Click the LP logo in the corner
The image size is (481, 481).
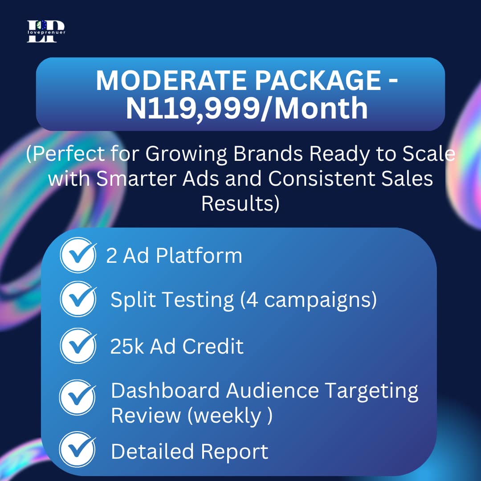pos(45,32)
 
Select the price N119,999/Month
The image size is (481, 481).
pos(247,108)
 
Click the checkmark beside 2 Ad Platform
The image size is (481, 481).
pos(78,255)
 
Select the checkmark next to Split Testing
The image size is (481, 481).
pos(78,299)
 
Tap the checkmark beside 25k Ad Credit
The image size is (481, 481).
pos(78,346)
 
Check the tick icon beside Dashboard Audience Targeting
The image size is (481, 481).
pos(78,396)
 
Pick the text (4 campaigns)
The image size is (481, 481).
pos(308,300)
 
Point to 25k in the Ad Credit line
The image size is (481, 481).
pos(127,346)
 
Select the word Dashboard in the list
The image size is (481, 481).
pos(165,391)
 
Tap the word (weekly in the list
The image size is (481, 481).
pos(224,416)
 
